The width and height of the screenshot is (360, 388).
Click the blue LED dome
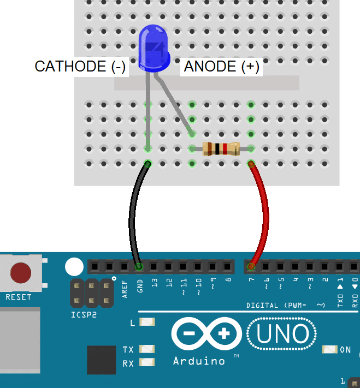(x=154, y=49)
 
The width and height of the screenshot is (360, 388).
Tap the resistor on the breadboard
(x=221, y=148)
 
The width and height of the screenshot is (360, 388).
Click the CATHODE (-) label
(x=80, y=67)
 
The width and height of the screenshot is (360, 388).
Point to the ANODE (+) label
(x=222, y=67)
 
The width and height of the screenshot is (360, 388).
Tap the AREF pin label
(x=125, y=288)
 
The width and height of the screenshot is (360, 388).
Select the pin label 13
(x=155, y=283)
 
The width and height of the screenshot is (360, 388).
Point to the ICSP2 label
(x=83, y=315)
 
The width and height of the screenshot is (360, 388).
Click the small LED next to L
(x=147, y=323)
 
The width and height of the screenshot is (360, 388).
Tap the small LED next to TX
(x=147, y=349)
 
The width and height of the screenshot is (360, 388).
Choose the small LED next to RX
(x=147, y=362)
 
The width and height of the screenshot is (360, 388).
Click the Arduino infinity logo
(x=206, y=333)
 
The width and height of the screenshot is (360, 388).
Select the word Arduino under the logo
(x=199, y=361)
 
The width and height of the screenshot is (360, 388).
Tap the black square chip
(x=101, y=360)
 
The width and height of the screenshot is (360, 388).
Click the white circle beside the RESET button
(x=74, y=266)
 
